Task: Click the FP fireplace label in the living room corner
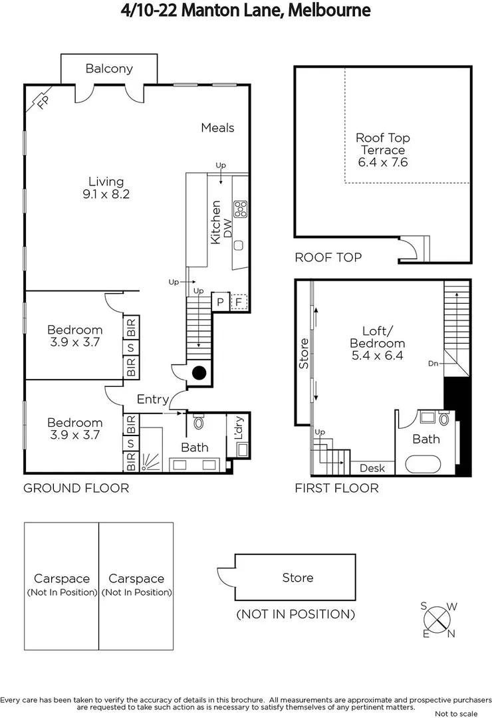43,102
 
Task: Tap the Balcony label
109,68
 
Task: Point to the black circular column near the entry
199,373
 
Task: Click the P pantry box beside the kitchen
220,302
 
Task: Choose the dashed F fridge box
239,302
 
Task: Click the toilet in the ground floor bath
198,422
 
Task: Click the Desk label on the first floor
372,468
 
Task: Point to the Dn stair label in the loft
433,364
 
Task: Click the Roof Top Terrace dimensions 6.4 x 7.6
382,162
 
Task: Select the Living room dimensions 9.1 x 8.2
106,194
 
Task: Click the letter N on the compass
451,634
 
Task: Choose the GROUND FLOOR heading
76,489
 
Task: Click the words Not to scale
459,714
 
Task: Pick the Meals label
217,128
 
